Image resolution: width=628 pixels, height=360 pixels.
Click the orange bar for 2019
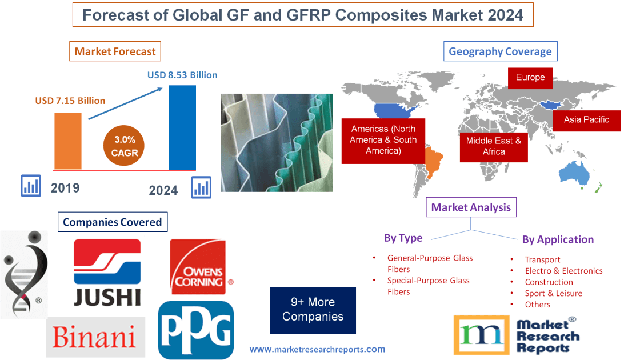(x=67, y=141)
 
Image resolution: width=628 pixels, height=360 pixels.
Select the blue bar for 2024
(x=182, y=127)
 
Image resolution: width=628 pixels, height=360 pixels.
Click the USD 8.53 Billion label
(x=182, y=75)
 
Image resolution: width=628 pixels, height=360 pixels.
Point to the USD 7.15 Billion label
(x=70, y=101)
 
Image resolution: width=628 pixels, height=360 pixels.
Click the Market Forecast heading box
(x=115, y=51)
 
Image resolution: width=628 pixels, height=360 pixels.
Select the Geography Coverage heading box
(x=500, y=51)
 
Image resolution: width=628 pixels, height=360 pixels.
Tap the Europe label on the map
(x=530, y=78)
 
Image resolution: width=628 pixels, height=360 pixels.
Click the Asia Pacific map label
(x=586, y=120)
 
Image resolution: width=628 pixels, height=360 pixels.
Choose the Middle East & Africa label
(x=494, y=146)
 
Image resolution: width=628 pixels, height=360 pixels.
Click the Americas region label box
(x=383, y=141)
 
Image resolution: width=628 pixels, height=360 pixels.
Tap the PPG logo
(x=196, y=330)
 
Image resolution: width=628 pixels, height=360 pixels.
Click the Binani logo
(x=95, y=337)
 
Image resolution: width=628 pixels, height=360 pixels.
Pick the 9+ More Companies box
(x=313, y=310)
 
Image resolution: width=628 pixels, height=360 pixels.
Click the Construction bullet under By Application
(x=549, y=282)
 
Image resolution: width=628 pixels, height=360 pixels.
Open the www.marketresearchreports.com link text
(x=317, y=349)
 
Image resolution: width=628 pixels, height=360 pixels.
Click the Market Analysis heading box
(x=471, y=207)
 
